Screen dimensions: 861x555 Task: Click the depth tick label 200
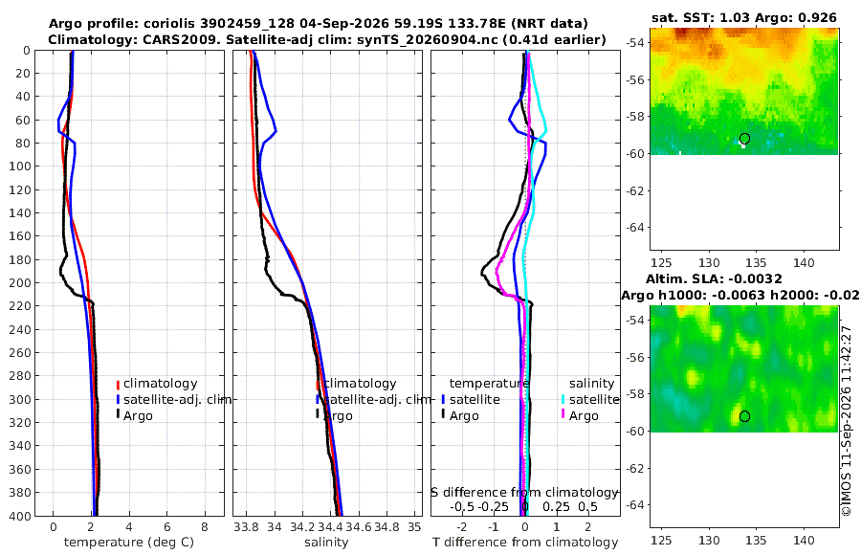(x=19, y=282)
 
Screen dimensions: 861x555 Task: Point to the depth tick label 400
(x=19, y=516)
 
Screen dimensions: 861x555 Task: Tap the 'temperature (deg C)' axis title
(x=129, y=543)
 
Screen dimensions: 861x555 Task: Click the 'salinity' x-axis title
(x=326, y=543)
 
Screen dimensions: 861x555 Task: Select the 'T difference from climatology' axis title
(x=525, y=543)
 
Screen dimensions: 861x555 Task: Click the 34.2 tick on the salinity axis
(x=302, y=527)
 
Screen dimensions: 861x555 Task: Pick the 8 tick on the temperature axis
(x=205, y=527)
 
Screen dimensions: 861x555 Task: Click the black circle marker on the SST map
(x=744, y=139)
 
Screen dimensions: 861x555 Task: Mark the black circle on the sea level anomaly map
(x=744, y=416)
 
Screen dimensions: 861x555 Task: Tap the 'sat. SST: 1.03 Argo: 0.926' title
(x=744, y=17)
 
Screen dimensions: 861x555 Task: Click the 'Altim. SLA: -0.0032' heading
(x=714, y=279)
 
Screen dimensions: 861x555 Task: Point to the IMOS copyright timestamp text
(x=847, y=421)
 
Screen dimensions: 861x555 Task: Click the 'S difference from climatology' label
(x=524, y=493)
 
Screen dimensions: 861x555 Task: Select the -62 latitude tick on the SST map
(x=635, y=190)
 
